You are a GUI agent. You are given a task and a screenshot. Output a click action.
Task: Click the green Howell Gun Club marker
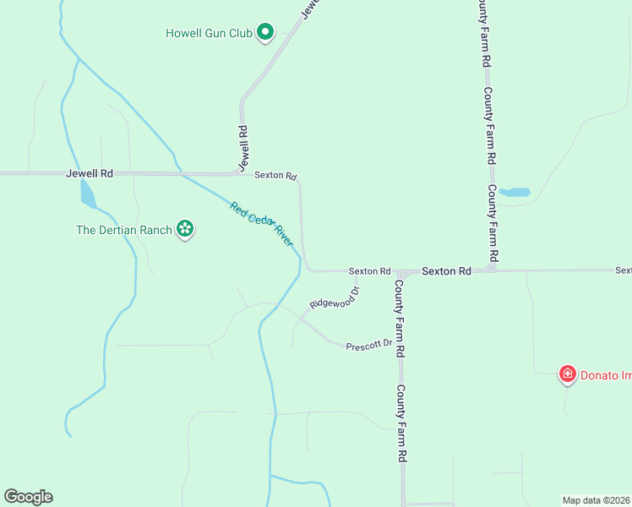[x=265, y=34]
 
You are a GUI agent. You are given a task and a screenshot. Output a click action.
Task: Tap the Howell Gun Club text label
[x=210, y=34]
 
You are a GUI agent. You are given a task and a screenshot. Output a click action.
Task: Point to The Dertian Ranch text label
[x=124, y=229]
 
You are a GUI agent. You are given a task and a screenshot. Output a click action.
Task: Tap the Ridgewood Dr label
[x=335, y=298]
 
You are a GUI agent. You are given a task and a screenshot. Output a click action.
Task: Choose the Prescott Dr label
[x=369, y=345]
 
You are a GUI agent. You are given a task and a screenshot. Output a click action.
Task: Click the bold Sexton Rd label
[x=446, y=271]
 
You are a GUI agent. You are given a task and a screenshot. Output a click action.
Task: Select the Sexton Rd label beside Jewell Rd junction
[x=276, y=176]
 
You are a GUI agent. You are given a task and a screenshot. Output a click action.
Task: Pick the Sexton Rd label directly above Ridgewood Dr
[x=370, y=271]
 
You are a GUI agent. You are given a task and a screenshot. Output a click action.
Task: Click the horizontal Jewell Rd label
[x=90, y=173]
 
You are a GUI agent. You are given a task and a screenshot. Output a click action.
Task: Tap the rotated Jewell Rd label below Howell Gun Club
[x=243, y=144]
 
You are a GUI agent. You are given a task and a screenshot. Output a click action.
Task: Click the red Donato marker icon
[x=568, y=374]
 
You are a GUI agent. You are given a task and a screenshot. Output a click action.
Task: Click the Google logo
[x=28, y=497]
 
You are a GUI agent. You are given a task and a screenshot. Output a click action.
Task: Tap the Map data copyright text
[x=596, y=500]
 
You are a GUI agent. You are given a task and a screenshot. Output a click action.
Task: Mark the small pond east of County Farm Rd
[x=515, y=192]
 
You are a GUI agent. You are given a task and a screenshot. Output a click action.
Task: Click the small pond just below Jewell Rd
[x=87, y=194]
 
